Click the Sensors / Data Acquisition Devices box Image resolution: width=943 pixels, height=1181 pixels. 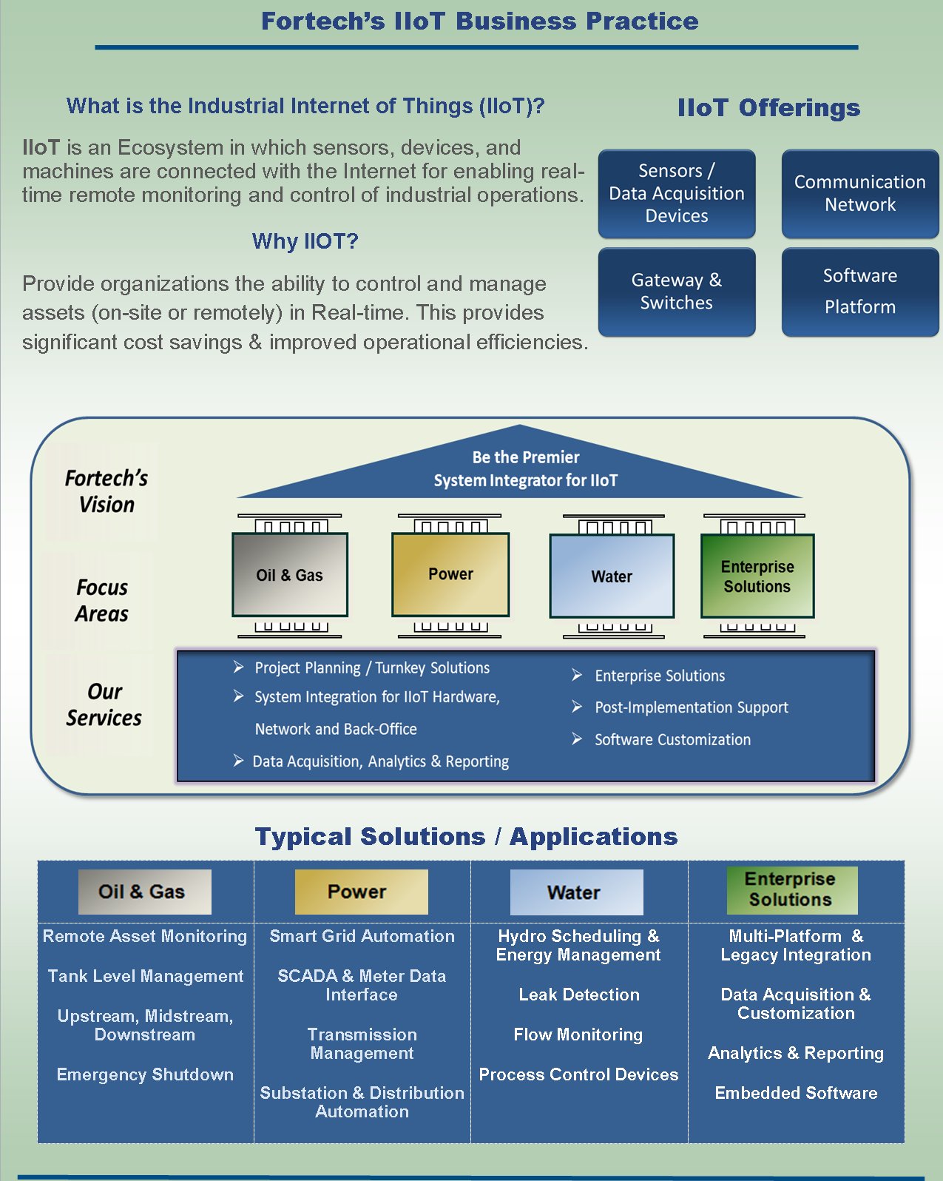(x=676, y=193)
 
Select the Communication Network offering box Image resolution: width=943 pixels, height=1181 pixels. (x=859, y=193)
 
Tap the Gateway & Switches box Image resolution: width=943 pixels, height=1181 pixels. (x=676, y=292)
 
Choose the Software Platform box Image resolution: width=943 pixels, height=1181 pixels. (x=859, y=292)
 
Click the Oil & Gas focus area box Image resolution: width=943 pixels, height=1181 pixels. (x=290, y=575)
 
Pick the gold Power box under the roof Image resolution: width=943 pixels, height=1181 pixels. (x=450, y=574)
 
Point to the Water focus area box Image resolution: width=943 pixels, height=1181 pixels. (x=612, y=576)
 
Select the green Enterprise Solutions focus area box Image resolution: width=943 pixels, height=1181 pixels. (x=757, y=576)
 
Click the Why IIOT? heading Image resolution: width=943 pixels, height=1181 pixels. (x=305, y=241)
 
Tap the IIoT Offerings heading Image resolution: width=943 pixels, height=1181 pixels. (x=768, y=108)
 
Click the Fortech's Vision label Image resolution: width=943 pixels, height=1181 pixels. (x=106, y=491)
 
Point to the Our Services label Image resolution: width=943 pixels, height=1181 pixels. (x=104, y=704)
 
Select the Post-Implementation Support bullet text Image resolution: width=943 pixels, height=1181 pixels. (x=691, y=707)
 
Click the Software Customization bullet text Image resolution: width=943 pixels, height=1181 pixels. (x=672, y=739)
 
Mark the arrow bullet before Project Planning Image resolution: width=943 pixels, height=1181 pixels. (x=239, y=667)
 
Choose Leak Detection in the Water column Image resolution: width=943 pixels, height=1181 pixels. (x=579, y=995)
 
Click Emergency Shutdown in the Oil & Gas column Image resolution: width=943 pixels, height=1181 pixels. (x=145, y=1074)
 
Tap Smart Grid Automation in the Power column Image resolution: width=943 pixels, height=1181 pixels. (x=362, y=936)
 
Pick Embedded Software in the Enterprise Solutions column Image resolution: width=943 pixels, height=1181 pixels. (x=796, y=1093)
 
